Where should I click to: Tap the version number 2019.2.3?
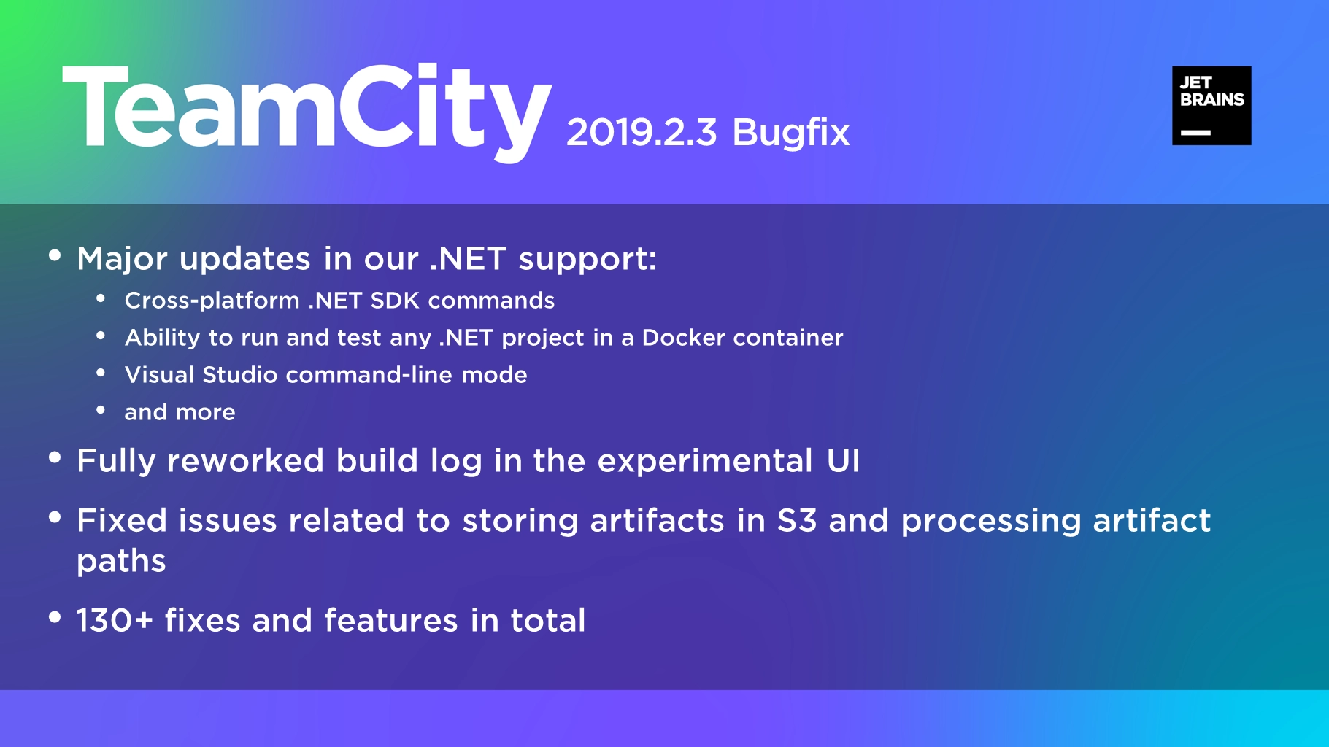pyautogui.click(x=642, y=133)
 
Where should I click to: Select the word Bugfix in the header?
pyautogui.click(x=790, y=133)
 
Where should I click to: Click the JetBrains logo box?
pyautogui.click(x=1211, y=106)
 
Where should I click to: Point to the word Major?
pyautogui.click(x=122, y=260)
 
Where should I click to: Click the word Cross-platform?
pyautogui.click(x=212, y=301)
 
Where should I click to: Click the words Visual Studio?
pyautogui.click(x=201, y=375)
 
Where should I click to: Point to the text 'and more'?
pyautogui.click(x=180, y=412)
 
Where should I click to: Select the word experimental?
pyautogui.click(x=705, y=461)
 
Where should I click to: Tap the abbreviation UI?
pyautogui.click(x=843, y=461)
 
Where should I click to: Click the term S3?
pyautogui.click(x=797, y=521)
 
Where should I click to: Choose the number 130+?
pyautogui.click(x=115, y=621)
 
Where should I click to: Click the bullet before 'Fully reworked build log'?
pyautogui.click(x=55, y=457)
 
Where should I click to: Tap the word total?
pyautogui.click(x=547, y=621)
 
